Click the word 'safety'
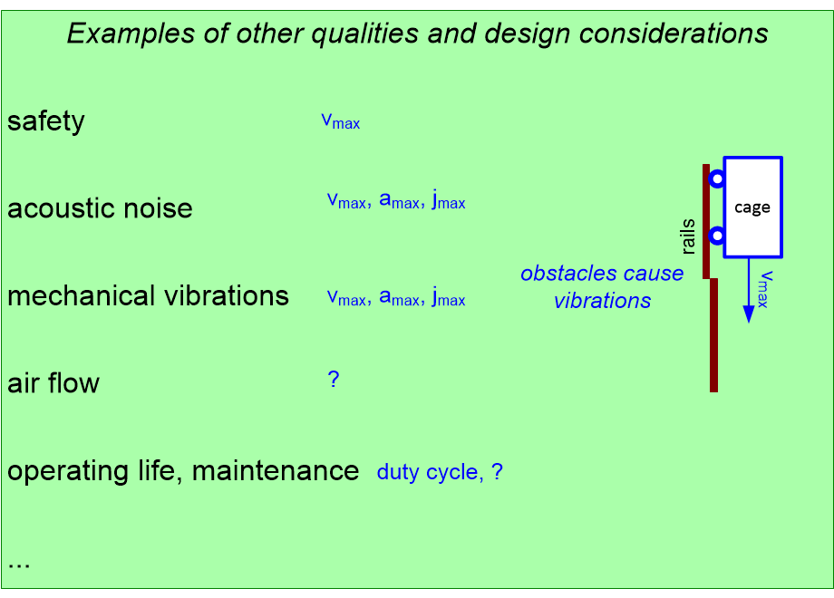click(x=45, y=121)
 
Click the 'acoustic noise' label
click(x=100, y=208)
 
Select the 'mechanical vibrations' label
click(x=148, y=296)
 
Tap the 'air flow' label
click(x=53, y=383)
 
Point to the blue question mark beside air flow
click(x=333, y=380)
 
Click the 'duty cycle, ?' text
click(x=440, y=472)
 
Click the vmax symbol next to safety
click(x=341, y=121)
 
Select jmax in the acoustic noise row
click(x=448, y=201)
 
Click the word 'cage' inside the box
click(x=752, y=207)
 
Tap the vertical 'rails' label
click(x=688, y=236)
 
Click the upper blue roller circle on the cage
click(x=716, y=178)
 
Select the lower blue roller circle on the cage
click(x=716, y=236)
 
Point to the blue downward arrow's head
click(x=749, y=313)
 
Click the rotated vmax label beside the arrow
click(x=767, y=289)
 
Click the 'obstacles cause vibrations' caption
click(x=602, y=287)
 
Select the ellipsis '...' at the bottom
click(x=19, y=564)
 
